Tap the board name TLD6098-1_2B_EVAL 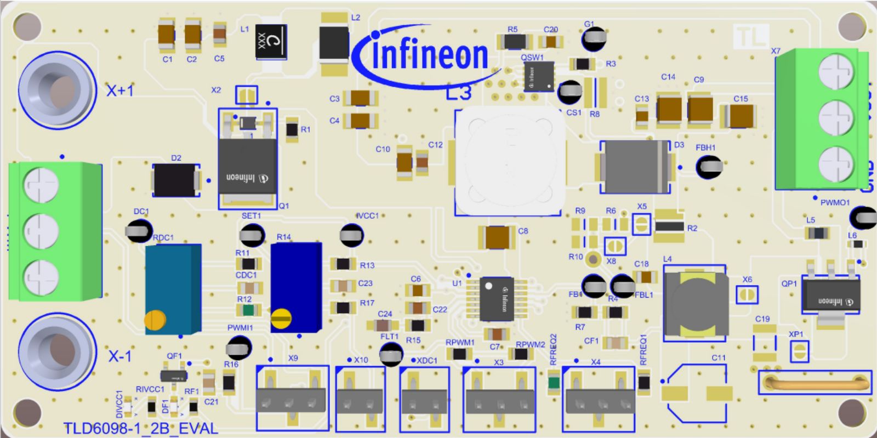click(140, 428)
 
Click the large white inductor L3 click(508, 161)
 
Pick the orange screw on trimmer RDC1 click(155, 320)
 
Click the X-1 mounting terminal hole click(58, 352)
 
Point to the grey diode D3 click(635, 167)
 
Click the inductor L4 click(695, 303)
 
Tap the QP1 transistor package click(830, 297)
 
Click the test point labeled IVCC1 click(352, 235)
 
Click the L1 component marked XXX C click(271, 42)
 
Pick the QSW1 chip click(539, 76)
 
